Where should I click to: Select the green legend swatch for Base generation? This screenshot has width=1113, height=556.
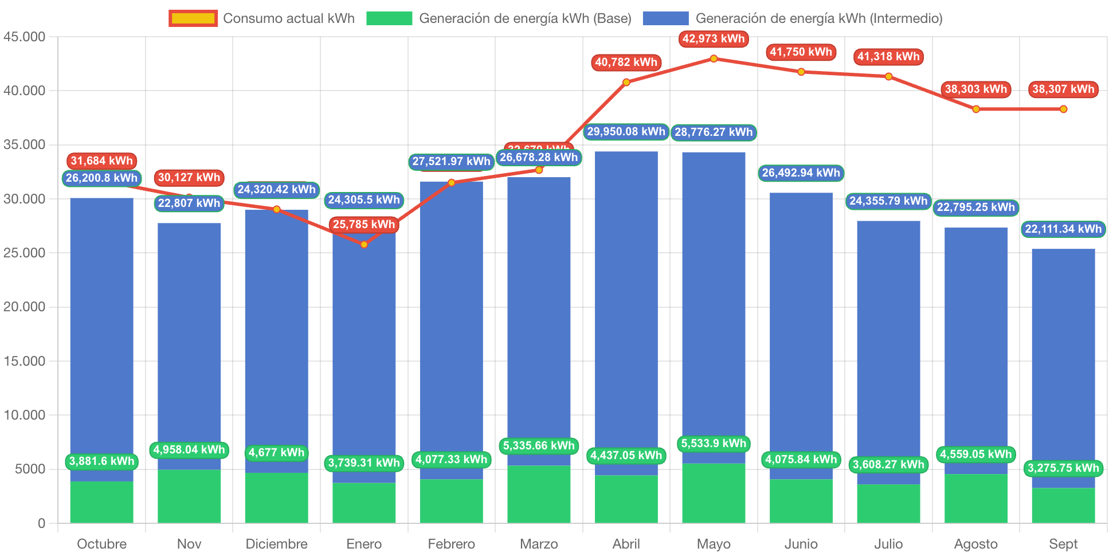(389, 18)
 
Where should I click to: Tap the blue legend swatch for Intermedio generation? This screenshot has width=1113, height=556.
(665, 18)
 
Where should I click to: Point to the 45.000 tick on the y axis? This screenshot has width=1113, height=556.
(24, 37)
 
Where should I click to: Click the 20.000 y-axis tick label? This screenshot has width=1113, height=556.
(24, 307)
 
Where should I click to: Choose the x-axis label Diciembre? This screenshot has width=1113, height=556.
(276, 543)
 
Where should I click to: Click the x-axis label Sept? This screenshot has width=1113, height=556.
(1063, 543)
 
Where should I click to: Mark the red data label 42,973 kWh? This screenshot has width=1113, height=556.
(714, 39)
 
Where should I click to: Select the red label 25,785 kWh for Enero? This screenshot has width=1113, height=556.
(364, 224)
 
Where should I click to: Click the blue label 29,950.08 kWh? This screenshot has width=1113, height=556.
(626, 132)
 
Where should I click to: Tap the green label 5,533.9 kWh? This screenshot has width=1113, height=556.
(714, 443)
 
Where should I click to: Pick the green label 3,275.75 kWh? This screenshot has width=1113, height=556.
(1063, 468)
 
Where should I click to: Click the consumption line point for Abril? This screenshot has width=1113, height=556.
(626, 83)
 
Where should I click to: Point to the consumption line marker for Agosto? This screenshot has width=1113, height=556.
(976, 109)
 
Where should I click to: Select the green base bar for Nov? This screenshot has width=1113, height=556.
(189, 496)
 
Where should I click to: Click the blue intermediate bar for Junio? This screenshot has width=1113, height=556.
(801, 332)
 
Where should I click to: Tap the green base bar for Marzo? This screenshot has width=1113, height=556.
(539, 494)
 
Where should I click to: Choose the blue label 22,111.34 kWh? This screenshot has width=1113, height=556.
(1063, 229)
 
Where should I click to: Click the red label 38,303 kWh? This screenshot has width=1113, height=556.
(976, 89)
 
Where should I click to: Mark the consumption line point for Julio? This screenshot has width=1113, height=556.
(888, 76)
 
